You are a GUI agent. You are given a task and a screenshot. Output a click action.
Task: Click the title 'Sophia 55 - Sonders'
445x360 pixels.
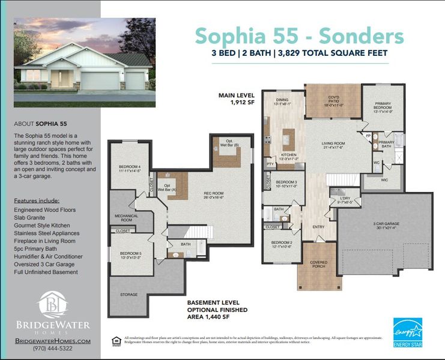pyautogui.click(x=298, y=36)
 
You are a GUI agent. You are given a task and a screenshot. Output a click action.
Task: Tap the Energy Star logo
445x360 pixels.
pyautogui.click(x=407, y=332)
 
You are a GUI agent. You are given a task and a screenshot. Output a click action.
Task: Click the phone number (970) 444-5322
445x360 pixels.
pyautogui.click(x=52, y=348)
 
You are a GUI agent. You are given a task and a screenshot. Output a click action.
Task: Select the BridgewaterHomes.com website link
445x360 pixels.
pyautogui.click(x=52, y=340)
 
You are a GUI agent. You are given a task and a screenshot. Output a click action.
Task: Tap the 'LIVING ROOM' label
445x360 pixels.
pyautogui.click(x=333, y=144)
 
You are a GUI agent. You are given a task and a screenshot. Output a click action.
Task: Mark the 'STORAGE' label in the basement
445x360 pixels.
pyautogui.click(x=129, y=294)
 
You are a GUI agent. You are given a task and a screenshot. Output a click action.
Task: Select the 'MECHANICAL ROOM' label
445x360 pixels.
pyautogui.click(x=127, y=217)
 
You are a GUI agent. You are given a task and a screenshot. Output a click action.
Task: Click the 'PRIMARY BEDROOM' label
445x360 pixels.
pyautogui.click(x=383, y=109)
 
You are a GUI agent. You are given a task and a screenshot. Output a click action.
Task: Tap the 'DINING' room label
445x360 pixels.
pyautogui.click(x=282, y=100)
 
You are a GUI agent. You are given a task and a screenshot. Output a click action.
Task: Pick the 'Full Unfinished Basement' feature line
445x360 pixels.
pyautogui.click(x=46, y=272)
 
